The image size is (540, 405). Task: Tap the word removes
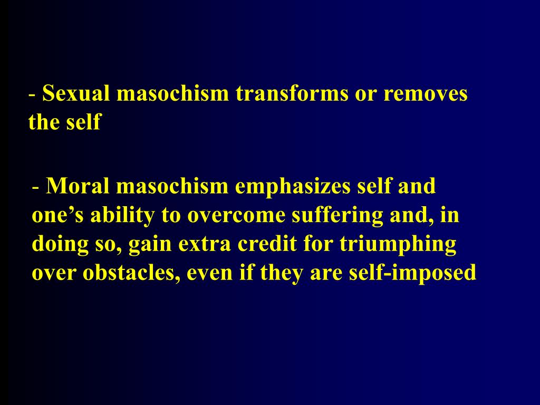pos(426,94)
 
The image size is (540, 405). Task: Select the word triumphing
pos(397,245)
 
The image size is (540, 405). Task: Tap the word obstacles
pos(129,274)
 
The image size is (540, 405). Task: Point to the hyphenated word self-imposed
pos(413,274)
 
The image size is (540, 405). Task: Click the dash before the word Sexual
pos(33,95)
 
